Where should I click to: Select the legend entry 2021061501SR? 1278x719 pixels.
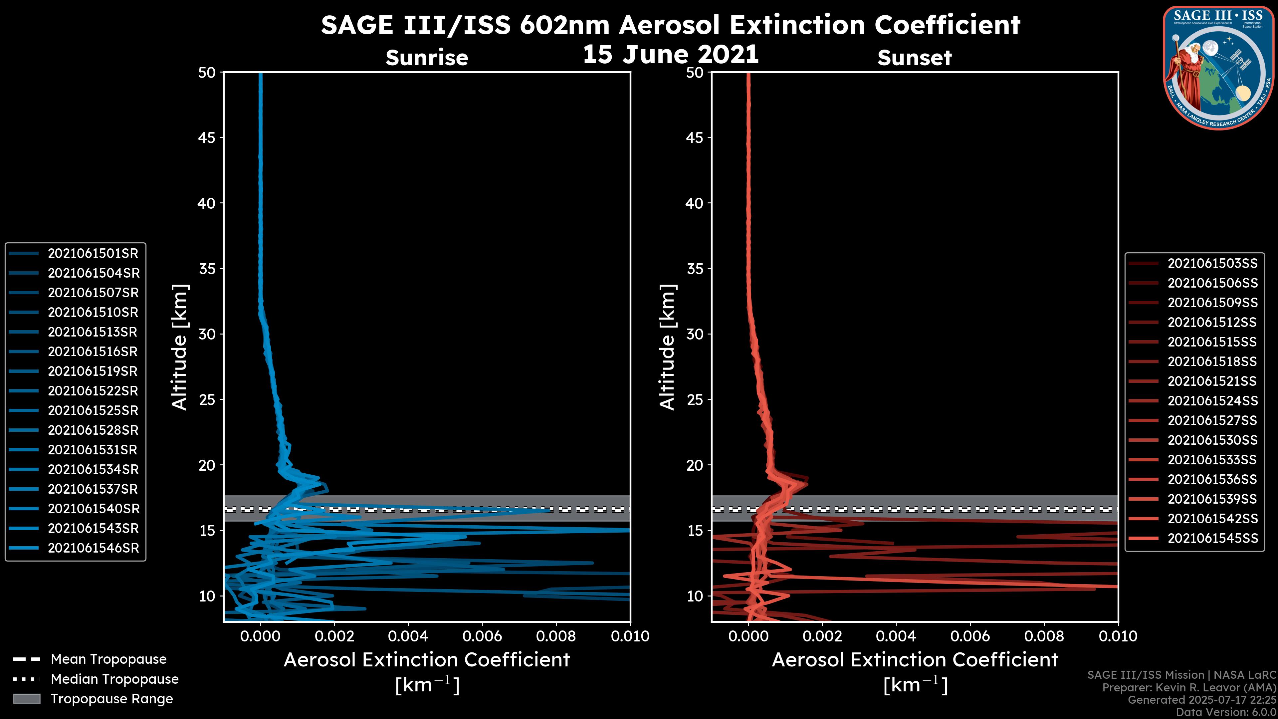(x=93, y=254)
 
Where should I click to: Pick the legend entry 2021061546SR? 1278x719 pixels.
(x=93, y=548)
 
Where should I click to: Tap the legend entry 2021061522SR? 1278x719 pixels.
(x=93, y=391)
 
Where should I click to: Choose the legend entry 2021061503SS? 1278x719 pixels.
(x=1212, y=264)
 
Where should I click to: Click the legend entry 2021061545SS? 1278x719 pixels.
(x=1212, y=538)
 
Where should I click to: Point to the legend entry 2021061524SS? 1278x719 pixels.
(x=1212, y=401)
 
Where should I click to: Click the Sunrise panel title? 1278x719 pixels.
(x=427, y=58)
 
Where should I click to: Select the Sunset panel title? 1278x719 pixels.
(x=914, y=58)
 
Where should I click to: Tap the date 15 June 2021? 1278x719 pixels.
(x=670, y=55)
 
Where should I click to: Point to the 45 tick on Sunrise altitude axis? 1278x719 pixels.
(x=207, y=138)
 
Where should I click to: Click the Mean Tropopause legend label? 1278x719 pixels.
(x=108, y=659)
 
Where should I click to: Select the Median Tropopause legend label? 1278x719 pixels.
(x=114, y=679)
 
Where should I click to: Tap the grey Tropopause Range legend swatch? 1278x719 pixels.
(x=26, y=699)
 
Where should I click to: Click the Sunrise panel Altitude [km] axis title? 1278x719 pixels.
(x=180, y=347)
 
